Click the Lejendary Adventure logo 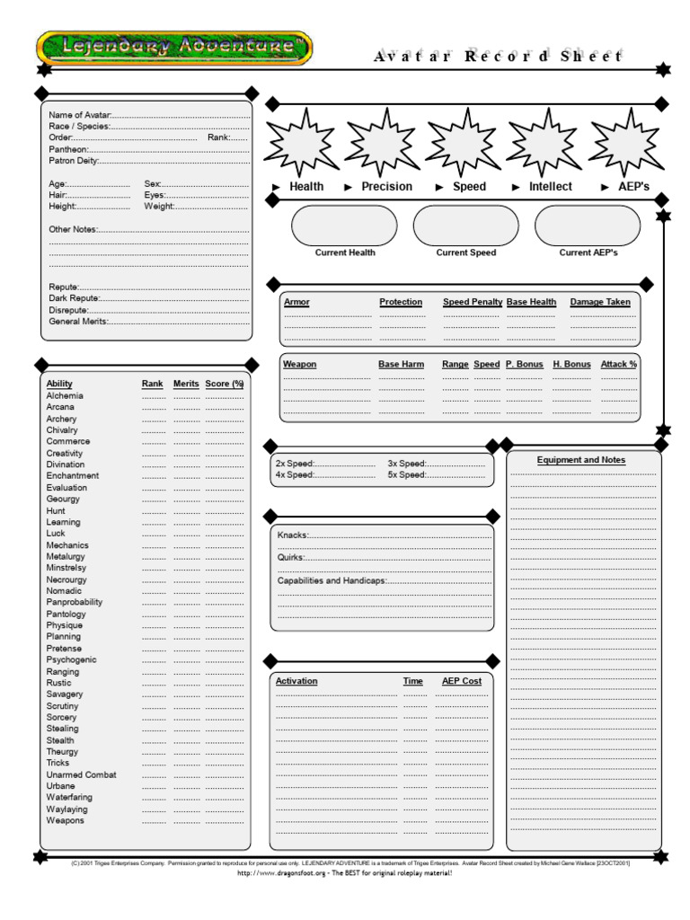click(x=174, y=48)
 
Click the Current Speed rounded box click(x=466, y=226)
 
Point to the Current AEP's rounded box click(x=588, y=226)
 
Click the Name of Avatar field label click(x=79, y=115)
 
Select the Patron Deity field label click(x=73, y=161)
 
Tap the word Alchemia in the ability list click(x=65, y=395)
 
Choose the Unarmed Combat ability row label click(x=81, y=774)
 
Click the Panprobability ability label click(x=75, y=602)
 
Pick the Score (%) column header click(x=225, y=384)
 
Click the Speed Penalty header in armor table click(x=473, y=302)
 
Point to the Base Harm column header click(x=401, y=364)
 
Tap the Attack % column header click(x=619, y=364)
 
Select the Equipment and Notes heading click(x=581, y=460)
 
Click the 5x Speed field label click(x=407, y=474)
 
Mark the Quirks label click(x=291, y=558)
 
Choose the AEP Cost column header click(x=462, y=681)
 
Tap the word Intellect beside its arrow click(x=550, y=187)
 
